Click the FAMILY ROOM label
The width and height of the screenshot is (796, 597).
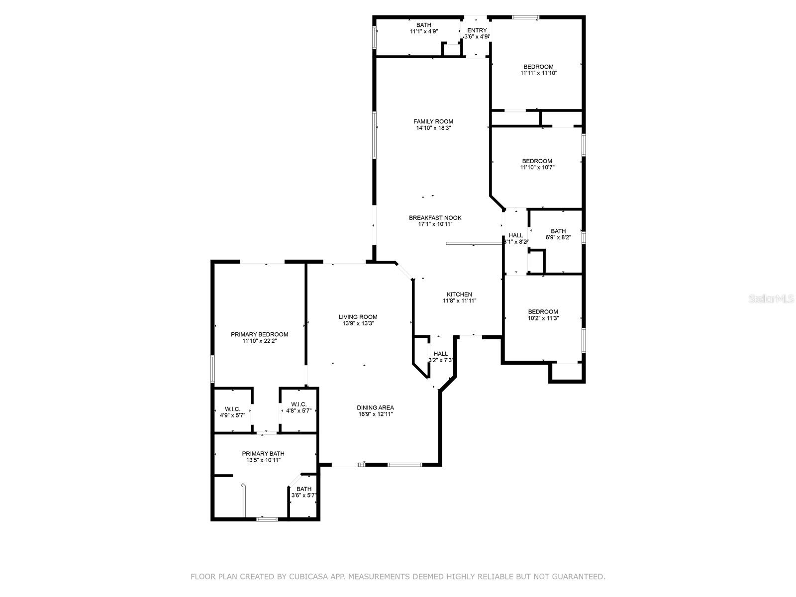coord(433,121)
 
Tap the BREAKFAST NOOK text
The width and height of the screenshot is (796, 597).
coord(435,218)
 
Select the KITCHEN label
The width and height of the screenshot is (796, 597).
coord(459,295)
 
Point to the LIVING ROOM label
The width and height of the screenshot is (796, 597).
coord(358,317)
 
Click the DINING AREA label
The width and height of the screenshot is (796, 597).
coord(375,407)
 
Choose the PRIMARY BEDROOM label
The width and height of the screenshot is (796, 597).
coord(259,334)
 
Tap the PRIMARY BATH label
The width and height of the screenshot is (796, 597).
coord(263,454)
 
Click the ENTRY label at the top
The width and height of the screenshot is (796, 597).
coord(477,30)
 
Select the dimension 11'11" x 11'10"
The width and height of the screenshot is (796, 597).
coord(538,73)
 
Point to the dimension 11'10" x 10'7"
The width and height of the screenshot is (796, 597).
coord(537,168)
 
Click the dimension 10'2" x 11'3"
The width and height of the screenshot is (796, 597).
coord(543,318)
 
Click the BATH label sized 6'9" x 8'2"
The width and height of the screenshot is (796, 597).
coord(558,231)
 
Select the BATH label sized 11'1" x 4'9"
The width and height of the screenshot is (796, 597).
coord(424,25)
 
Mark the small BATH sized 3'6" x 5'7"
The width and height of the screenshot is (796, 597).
coord(304,489)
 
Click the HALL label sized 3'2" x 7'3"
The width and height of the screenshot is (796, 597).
coord(440,354)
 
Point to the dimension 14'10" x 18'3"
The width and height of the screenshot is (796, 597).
coord(433,128)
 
